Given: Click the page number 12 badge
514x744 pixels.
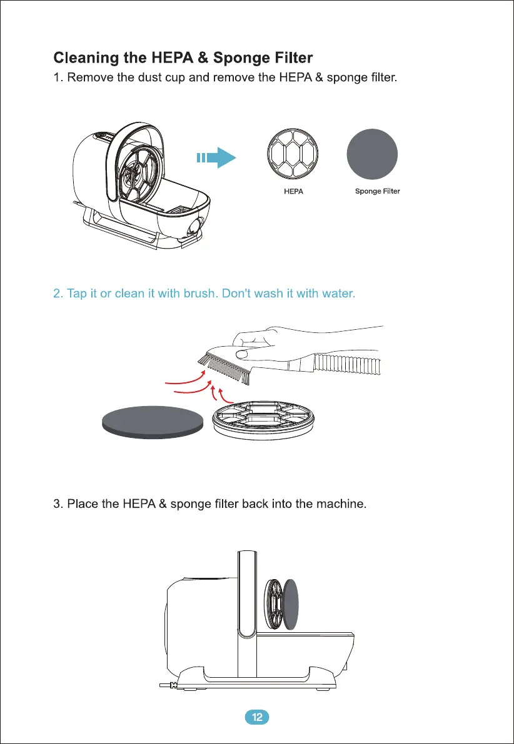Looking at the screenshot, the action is (x=256, y=717).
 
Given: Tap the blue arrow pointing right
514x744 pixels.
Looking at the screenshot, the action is (x=216, y=158).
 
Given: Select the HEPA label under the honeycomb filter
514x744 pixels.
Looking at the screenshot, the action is (x=293, y=192).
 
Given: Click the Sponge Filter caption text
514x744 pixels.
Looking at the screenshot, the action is (x=377, y=192).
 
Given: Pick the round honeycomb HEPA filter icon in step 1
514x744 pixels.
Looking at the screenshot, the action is (x=293, y=154).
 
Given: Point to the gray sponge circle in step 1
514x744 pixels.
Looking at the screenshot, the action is (x=373, y=154).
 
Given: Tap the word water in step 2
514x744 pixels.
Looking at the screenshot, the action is (x=338, y=294).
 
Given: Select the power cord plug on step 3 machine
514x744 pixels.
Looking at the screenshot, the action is (x=168, y=686).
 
